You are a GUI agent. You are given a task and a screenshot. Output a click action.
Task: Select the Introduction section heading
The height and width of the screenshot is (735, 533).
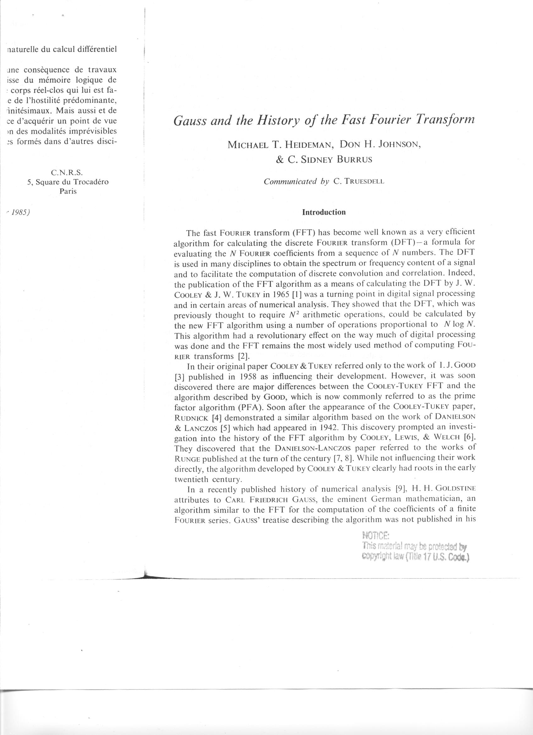click(324, 212)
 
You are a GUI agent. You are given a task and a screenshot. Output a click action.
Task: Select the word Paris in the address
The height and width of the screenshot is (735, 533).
click(68, 191)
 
